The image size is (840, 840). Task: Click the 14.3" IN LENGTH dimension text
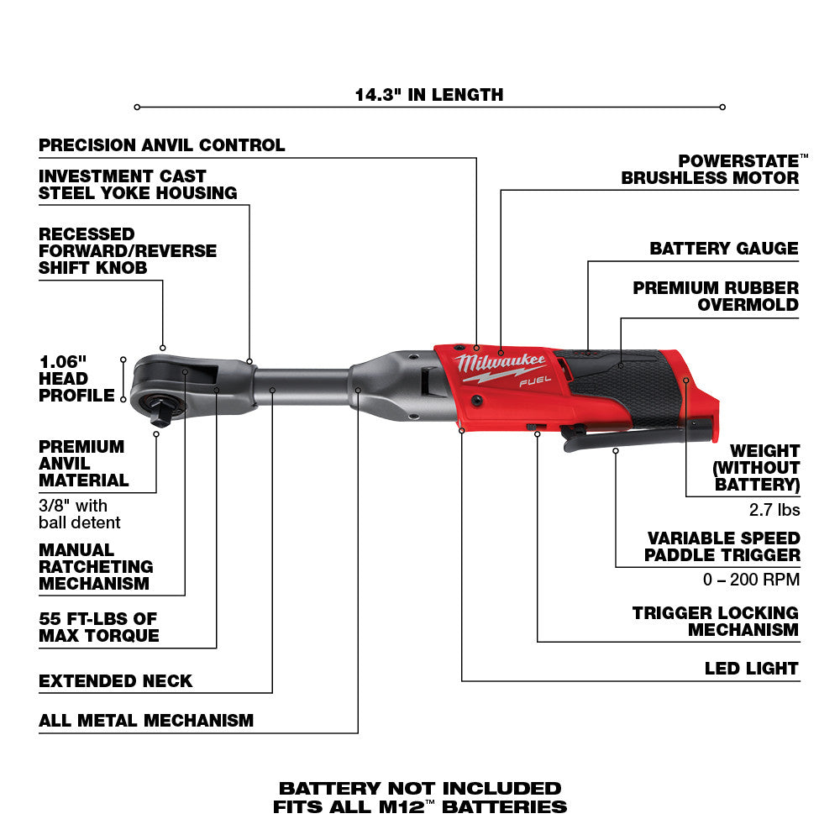(428, 94)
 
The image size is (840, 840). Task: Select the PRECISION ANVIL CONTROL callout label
(162, 145)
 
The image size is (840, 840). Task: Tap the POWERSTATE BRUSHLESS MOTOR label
(710, 169)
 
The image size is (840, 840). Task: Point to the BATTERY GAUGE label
(724, 249)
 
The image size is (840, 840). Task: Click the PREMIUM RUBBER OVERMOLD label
(716, 296)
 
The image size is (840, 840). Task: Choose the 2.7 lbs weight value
(774, 509)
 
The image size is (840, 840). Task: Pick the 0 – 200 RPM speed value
(751, 580)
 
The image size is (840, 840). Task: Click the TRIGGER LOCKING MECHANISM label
(716, 622)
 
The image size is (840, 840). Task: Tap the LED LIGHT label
(752, 669)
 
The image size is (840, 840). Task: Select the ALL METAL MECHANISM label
(146, 720)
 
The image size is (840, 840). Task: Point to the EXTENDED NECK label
(116, 680)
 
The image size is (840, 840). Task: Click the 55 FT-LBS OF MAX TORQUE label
(99, 627)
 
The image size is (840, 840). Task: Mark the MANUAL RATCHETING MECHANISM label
(96, 566)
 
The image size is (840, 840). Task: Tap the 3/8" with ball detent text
(80, 514)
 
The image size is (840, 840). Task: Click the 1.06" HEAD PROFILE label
(76, 378)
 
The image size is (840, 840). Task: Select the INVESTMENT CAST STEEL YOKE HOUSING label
(138, 185)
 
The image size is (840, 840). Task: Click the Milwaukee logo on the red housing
(501, 365)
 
